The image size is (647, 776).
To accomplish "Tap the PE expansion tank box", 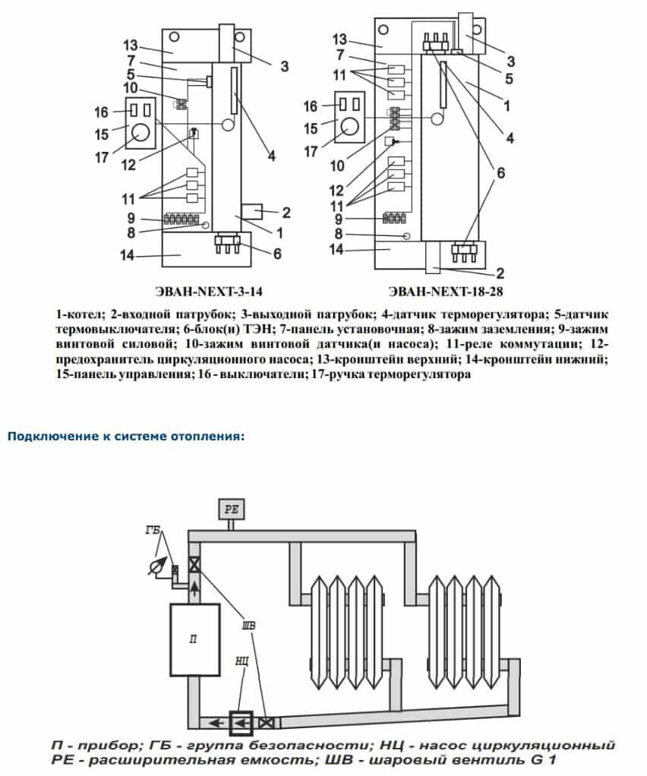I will coord(232,508).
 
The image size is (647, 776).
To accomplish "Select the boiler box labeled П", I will coord(194,639).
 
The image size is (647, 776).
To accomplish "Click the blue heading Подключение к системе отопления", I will coord(125,437).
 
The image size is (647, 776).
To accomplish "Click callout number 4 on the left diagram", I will coord(271,157).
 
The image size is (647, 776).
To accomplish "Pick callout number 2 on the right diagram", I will coord(500,273).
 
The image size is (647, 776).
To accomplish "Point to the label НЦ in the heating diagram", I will coord(242,661).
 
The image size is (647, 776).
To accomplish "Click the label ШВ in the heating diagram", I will coord(248,626).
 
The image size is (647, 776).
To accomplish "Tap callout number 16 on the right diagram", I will coord(309,106).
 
